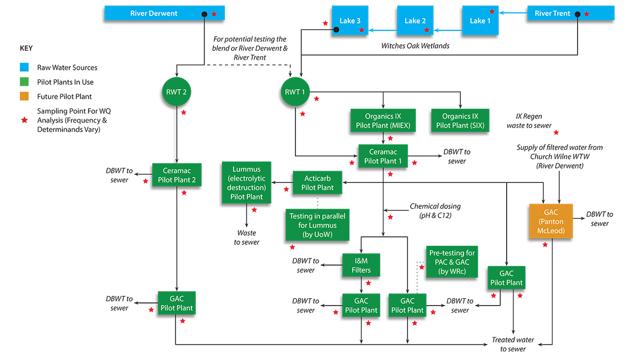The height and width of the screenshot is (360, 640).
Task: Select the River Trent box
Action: (x=552, y=13)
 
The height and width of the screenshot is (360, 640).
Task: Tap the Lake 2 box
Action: (x=415, y=21)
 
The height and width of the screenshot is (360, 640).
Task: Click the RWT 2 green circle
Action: (x=176, y=92)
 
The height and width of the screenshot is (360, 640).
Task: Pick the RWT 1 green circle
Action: (x=295, y=92)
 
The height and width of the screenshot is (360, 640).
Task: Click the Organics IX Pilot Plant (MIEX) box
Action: (x=382, y=121)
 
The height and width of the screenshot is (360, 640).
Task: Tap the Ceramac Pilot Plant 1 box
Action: (x=382, y=155)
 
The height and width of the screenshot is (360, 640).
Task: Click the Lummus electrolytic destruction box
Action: (x=246, y=183)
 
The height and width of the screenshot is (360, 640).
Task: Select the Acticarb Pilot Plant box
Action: (x=317, y=182)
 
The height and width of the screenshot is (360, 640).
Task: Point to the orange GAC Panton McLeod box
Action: (x=551, y=220)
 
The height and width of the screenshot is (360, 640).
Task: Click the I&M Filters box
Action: (x=361, y=265)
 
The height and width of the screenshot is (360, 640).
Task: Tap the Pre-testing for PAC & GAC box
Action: (x=451, y=261)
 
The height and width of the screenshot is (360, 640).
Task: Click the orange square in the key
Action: (x=25, y=97)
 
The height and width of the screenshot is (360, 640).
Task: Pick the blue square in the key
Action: (x=25, y=68)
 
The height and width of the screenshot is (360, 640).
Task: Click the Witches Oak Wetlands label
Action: (x=415, y=46)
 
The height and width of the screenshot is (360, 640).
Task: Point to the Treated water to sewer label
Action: (x=513, y=344)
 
